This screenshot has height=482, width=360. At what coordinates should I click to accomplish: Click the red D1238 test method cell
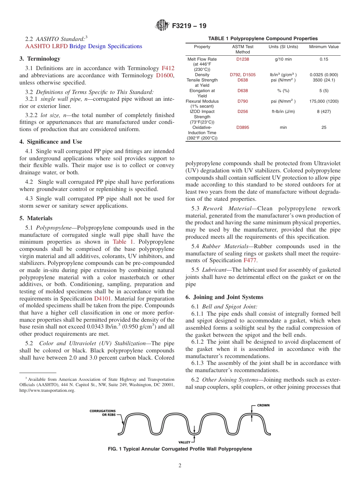tap(243, 59)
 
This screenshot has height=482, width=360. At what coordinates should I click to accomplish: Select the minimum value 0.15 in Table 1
tap(324, 59)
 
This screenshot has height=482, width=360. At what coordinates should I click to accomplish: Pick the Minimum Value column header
tap(324, 47)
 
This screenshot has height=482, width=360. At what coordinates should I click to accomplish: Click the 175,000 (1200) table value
tap(324, 101)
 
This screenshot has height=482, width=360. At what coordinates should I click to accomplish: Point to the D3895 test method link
tap(243, 127)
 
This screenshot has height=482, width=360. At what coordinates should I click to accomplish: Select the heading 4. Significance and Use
tap(51, 142)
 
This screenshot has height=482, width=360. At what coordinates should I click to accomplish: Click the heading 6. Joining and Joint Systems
tap(224, 297)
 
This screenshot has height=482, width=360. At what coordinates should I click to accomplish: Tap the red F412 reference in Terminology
tap(168, 68)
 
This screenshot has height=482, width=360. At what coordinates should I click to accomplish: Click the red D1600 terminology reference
tap(164, 75)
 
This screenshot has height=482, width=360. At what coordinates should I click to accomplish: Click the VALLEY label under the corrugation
tap(185, 442)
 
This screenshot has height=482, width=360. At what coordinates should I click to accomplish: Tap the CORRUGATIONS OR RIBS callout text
tap(102, 413)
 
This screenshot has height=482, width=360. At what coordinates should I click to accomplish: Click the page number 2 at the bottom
tap(180, 466)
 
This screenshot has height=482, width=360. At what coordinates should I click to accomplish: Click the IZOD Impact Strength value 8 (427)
tap(324, 111)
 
